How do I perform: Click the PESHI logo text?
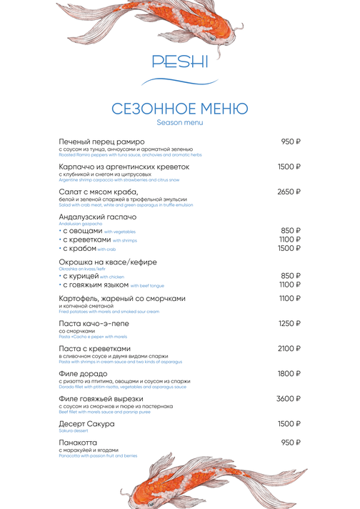(180, 61)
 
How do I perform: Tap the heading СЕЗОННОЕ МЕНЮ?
(180, 109)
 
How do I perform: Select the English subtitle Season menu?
(180, 123)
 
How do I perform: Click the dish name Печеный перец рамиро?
(101, 142)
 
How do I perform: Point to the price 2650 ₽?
(289, 192)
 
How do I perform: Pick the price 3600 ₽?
(289, 399)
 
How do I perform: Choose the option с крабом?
(80, 249)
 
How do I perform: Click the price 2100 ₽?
(289, 349)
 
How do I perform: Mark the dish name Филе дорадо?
(85, 374)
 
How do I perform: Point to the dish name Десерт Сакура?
(86, 424)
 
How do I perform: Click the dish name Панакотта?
(79, 443)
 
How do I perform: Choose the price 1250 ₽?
(289, 324)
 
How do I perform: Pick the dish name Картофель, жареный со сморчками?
(122, 299)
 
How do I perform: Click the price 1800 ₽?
(289, 374)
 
